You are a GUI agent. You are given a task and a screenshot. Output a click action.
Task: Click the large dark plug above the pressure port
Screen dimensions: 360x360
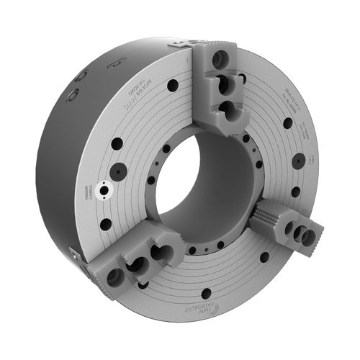tap(118, 171)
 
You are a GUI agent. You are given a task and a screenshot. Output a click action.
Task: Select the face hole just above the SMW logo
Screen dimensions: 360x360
tap(207, 293)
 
